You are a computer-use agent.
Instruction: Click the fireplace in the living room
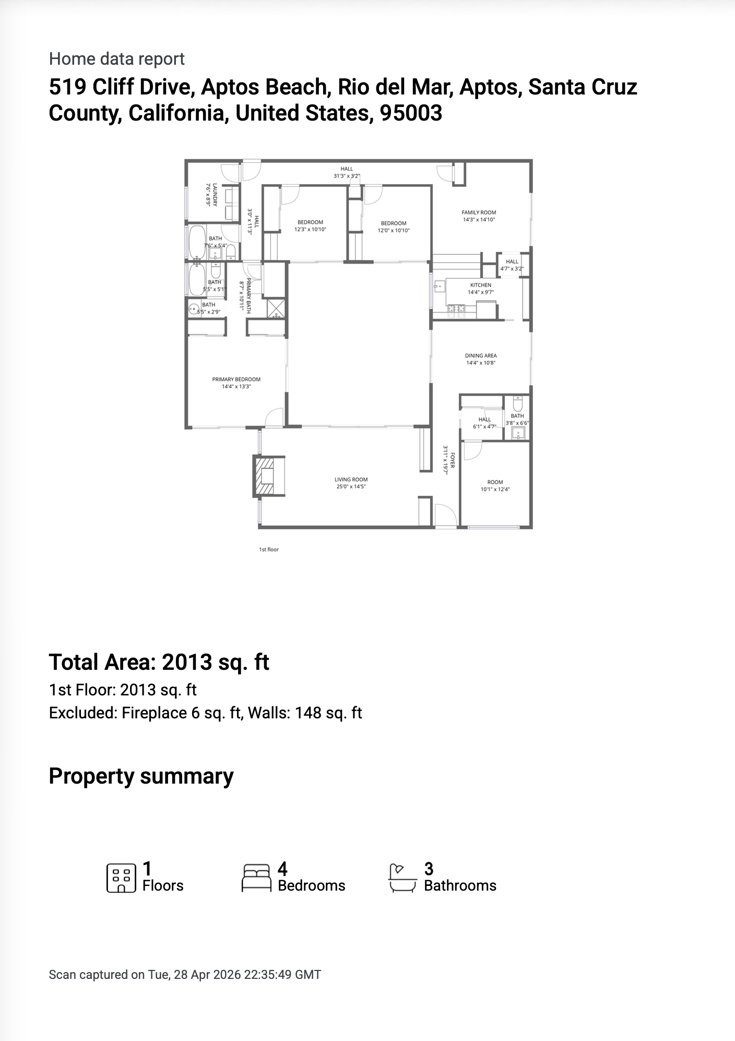click(x=268, y=476)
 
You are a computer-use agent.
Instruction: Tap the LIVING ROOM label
click(x=351, y=479)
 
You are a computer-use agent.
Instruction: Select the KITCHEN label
click(x=480, y=285)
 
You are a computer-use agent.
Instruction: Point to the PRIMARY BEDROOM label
click(x=236, y=380)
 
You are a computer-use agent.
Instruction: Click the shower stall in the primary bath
click(x=276, y=308)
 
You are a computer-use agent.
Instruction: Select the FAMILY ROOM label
click(x=479, y=212)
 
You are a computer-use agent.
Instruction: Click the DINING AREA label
click(x=480, y=356)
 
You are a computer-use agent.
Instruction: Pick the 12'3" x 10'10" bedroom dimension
click(x=310, y=229)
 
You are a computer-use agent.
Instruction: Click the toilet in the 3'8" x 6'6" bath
click(x=517, y=404)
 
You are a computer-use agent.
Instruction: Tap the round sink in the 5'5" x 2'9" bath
click(x=194, y=309)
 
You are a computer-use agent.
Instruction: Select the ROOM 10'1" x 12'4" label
click(x=495, y=482)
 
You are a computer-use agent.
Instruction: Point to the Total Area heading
click(x=159, y=662)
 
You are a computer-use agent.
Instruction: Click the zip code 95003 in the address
click(x=411, y=113)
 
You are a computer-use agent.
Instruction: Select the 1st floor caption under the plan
click(x=269, y=549)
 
